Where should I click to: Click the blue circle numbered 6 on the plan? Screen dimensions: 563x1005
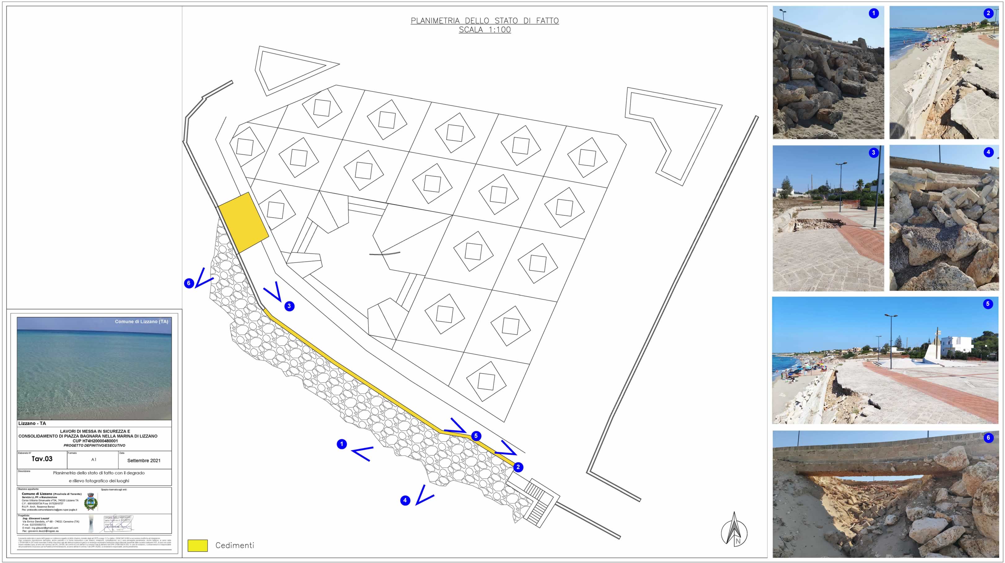189,283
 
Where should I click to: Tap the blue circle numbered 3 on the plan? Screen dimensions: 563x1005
289,306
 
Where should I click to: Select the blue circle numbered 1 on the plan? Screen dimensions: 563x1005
342,444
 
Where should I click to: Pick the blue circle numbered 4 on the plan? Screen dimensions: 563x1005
405,500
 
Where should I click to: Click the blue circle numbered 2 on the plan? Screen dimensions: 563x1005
518,467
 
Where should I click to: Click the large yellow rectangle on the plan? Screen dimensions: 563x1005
243,223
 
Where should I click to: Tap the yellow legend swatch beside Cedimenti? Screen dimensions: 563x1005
197,545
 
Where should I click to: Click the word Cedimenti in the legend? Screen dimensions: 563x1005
235,545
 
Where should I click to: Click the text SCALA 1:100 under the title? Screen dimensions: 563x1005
485,30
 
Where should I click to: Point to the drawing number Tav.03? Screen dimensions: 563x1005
42,459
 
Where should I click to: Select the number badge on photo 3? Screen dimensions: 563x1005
874,153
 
